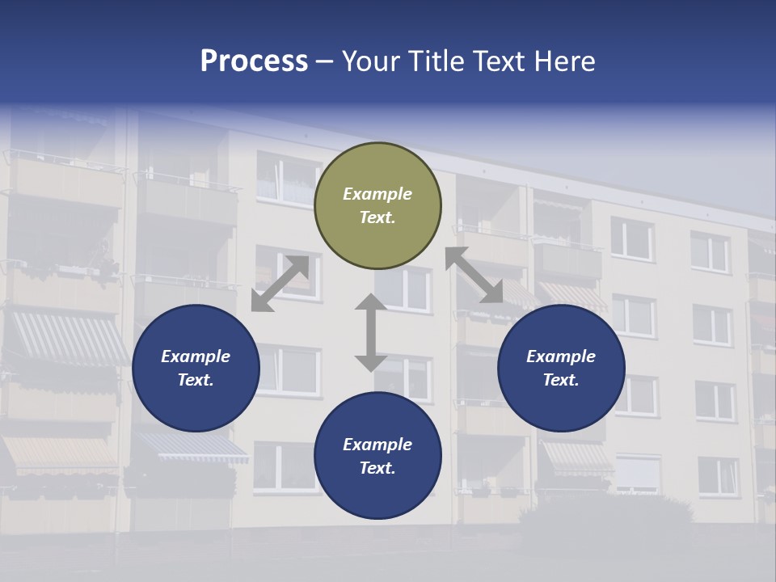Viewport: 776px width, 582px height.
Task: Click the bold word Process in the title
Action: [x=254, y=61]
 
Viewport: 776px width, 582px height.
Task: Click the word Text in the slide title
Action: [x=500, y=61]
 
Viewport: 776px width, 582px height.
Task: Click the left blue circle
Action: [x=196, y=368]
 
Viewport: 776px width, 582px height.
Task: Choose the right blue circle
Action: [x=561, y=368]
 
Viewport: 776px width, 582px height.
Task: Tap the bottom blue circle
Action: [x=377, y=456]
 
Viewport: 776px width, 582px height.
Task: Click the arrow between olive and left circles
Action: [x=280, y=284]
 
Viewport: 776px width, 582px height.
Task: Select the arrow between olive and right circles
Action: [x=474, y=275]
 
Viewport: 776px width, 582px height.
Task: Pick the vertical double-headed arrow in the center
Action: [x=371, y=332]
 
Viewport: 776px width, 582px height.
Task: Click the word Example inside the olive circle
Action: [x=377, y=194]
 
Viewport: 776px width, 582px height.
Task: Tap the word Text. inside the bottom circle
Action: [x=377, y=468]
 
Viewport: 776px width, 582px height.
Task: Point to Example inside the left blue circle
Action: [x=196, y=356]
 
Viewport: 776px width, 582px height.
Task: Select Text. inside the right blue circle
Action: [x=561, y=380]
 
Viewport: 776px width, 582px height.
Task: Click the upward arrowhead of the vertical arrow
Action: [x=371, y=302]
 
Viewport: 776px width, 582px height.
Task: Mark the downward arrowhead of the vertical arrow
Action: [x=371, y=363]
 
